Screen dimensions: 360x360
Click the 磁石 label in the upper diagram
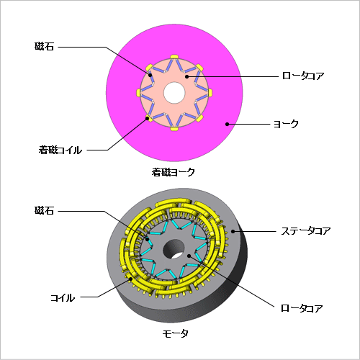44,46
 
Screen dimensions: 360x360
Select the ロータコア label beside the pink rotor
303,76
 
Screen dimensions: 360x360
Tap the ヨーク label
286,124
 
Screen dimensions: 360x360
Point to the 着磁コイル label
60,150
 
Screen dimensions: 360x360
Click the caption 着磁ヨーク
173,172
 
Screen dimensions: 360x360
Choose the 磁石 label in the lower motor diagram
44,210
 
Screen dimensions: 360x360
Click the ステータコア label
306,231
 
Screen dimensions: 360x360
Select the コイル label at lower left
63,298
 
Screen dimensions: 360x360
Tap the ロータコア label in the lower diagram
302,308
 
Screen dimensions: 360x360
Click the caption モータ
175,333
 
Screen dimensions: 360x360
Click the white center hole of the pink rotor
174,93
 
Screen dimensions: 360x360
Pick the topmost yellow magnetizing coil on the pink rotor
174,57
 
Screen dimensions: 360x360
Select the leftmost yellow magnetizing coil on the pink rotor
138,92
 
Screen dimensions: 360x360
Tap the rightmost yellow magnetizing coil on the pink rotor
210,93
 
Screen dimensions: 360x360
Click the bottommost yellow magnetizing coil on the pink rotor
174,129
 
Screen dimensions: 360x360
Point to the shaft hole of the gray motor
174,249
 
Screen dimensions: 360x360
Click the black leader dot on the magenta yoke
227,124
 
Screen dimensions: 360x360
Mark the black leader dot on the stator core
233,231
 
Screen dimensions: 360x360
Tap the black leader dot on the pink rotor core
186,76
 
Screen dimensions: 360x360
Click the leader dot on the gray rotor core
189,256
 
